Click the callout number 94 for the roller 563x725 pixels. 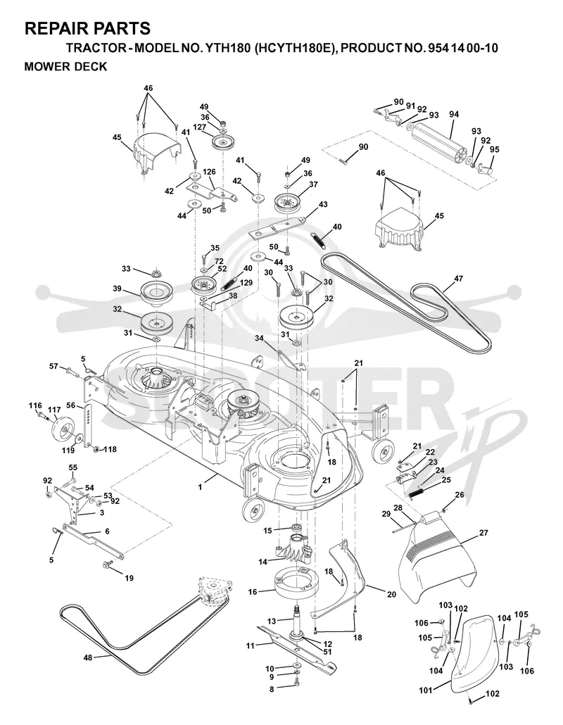point(453,114)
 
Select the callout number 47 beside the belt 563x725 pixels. point(458,279)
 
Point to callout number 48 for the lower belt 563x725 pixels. point(88,657)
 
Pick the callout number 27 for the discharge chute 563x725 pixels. point(483,533)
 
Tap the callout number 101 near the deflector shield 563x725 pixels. point(426,691)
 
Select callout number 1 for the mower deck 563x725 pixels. point(200,487)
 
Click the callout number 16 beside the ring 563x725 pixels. point(253,591)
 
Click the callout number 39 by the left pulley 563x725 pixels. point(117,289)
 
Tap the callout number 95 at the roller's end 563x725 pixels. point(494,149)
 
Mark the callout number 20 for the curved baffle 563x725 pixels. point(391,595)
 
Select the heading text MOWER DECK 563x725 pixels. point(65,67)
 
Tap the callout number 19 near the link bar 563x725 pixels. point(129,578)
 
